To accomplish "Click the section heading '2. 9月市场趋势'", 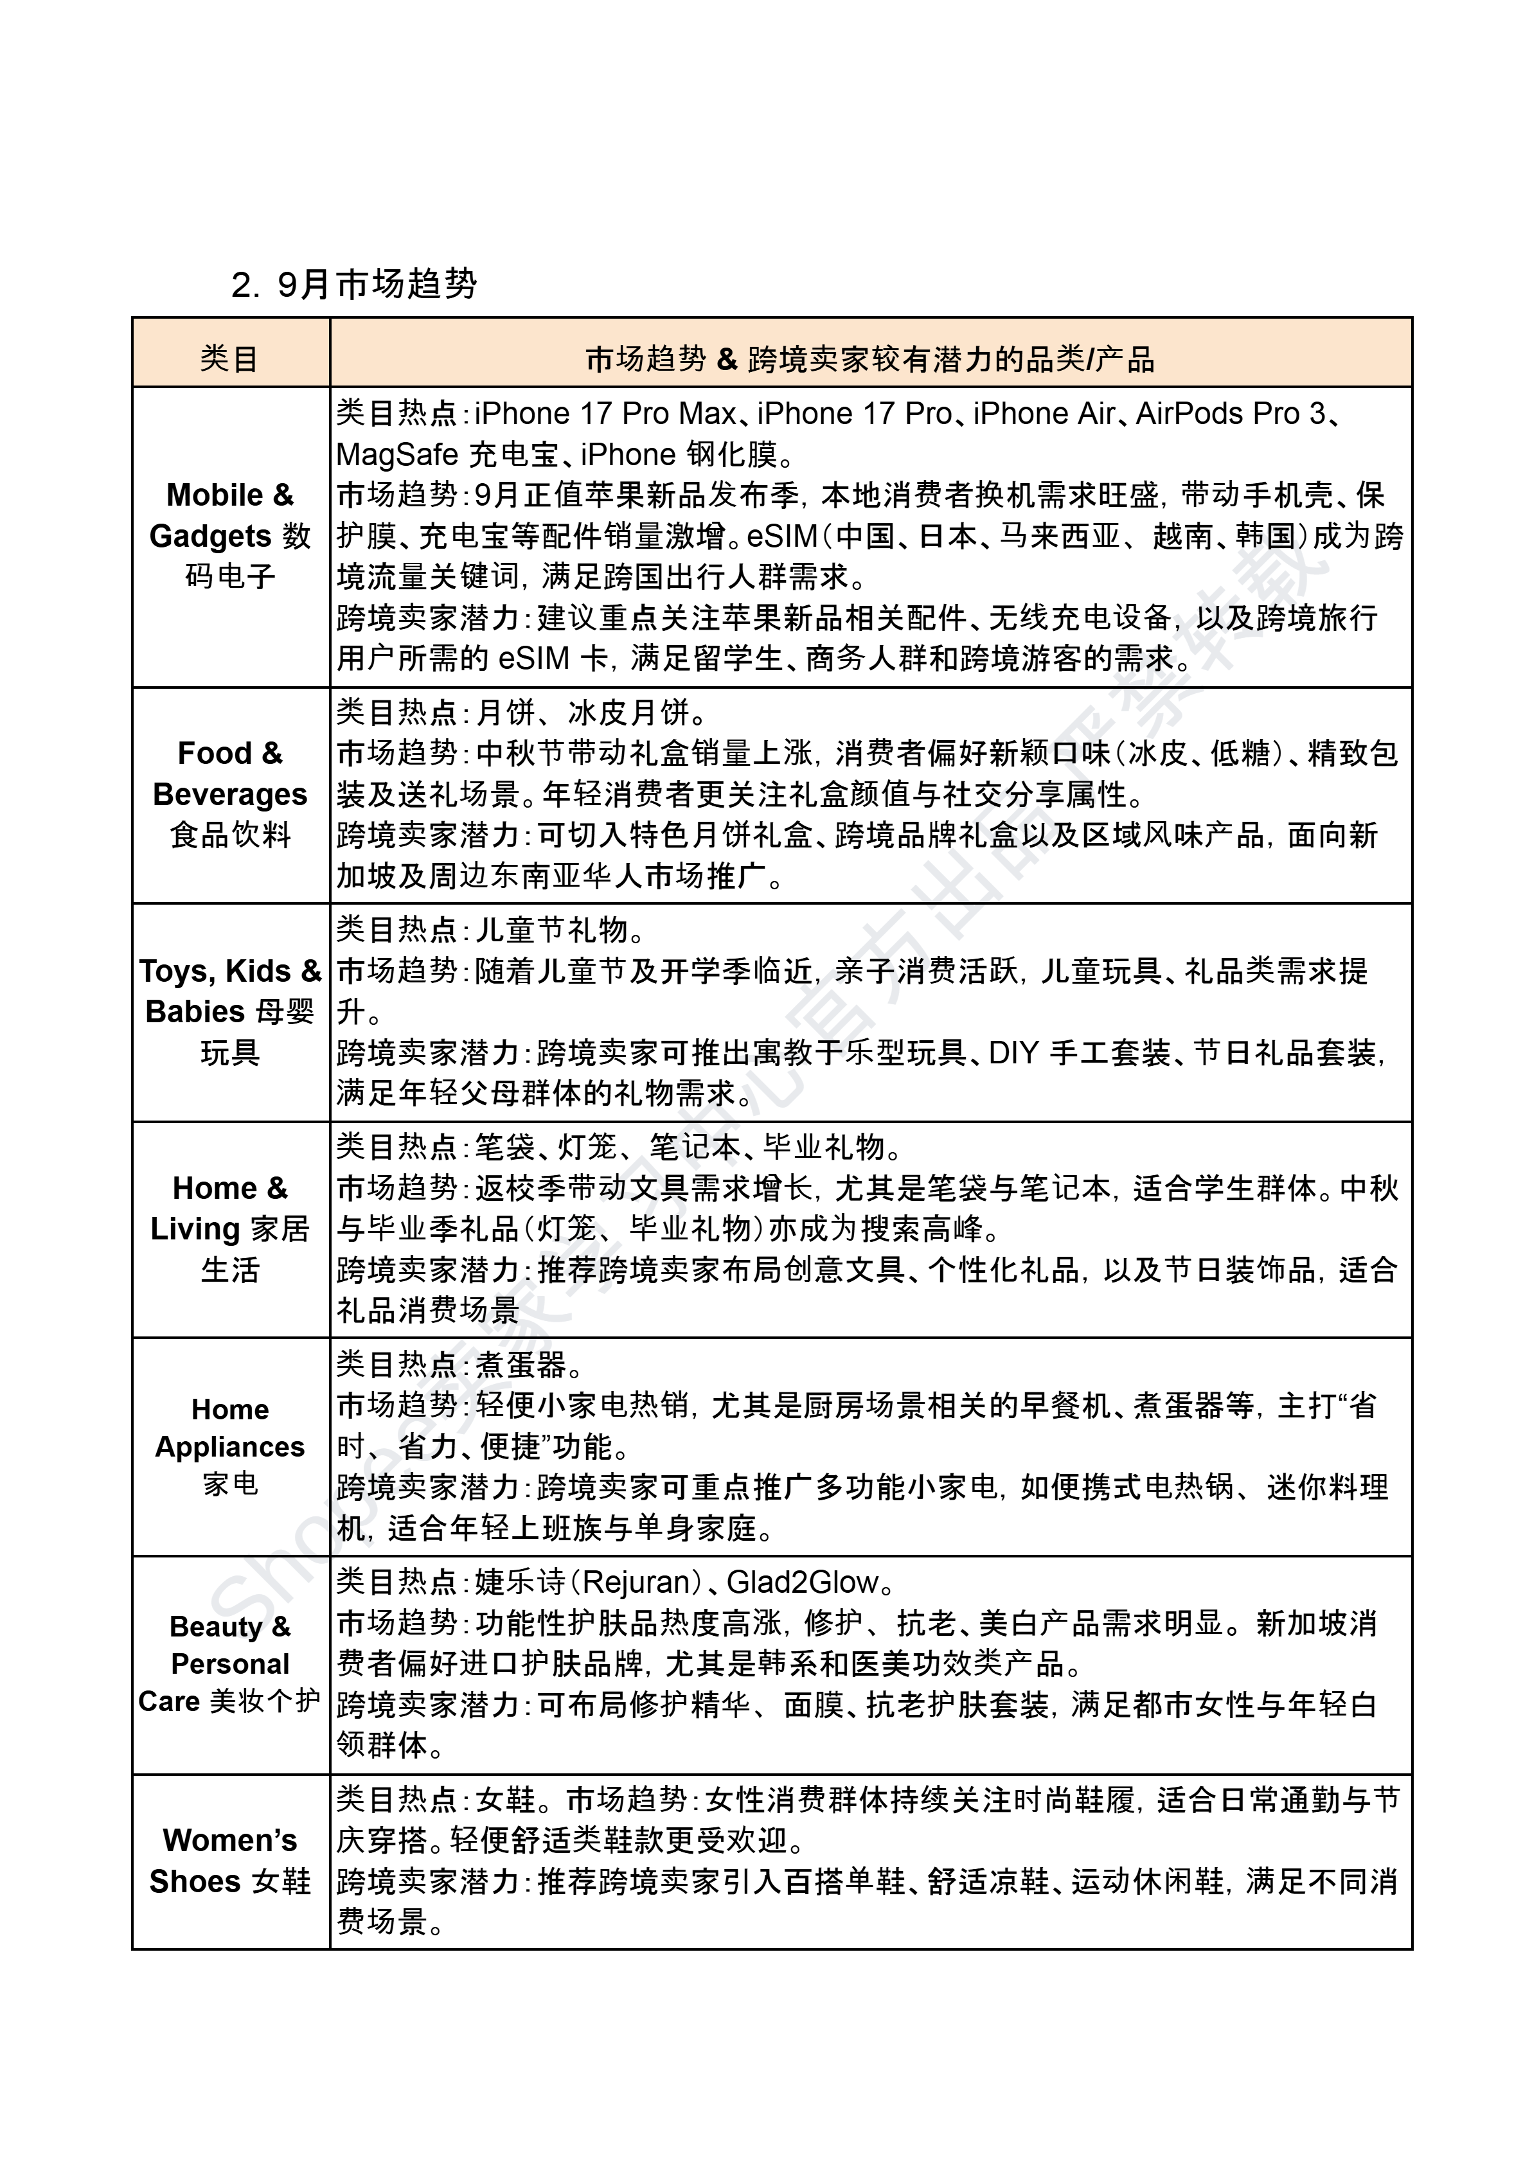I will (x=353, y=284).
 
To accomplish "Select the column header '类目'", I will (x=229, y=359).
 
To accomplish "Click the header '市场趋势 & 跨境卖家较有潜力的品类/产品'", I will (x=869, y=359).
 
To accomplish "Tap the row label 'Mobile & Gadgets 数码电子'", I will (x=230, y=536).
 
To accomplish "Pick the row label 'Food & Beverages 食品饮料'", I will (x=230, y=794).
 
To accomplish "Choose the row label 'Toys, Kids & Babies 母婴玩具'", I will (x=230, y=1011).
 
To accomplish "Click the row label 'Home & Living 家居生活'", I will (x=230, y=1228).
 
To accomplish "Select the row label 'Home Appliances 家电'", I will (x=230, y=1446).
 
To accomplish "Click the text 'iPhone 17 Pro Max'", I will (x=605, y=414).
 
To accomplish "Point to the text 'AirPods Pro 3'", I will (x=1230, y=414).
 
